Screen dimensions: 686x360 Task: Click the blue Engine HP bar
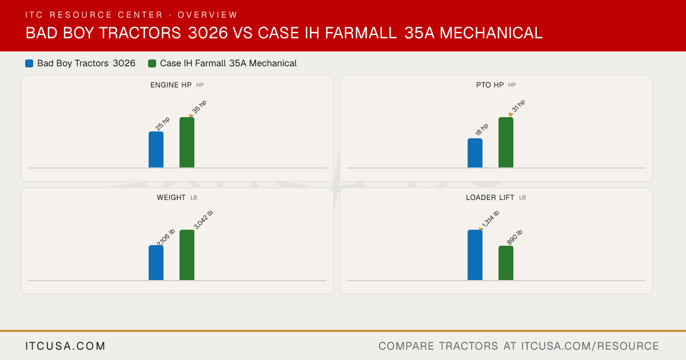156,150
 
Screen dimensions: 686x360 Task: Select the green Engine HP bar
187,142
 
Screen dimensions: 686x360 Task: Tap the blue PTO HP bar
475,153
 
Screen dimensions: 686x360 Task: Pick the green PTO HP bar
506,142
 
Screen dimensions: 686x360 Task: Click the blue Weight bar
156,263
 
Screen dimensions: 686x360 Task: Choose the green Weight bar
187,255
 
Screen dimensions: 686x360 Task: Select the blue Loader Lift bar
475,255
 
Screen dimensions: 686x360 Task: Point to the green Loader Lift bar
506,263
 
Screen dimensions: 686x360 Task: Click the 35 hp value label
200,107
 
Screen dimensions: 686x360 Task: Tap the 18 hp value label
481,130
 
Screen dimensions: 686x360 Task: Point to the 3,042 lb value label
204,220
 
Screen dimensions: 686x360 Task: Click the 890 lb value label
514,237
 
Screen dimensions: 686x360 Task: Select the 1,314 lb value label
490,219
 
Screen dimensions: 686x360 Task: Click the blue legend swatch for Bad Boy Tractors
29,63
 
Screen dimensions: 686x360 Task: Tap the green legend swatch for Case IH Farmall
152,63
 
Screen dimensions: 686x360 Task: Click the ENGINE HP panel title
171,85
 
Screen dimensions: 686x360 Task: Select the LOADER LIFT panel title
490,198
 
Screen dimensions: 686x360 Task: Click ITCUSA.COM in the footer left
65,346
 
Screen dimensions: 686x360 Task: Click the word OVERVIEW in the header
208,15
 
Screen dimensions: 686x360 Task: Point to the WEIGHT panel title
171,198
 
